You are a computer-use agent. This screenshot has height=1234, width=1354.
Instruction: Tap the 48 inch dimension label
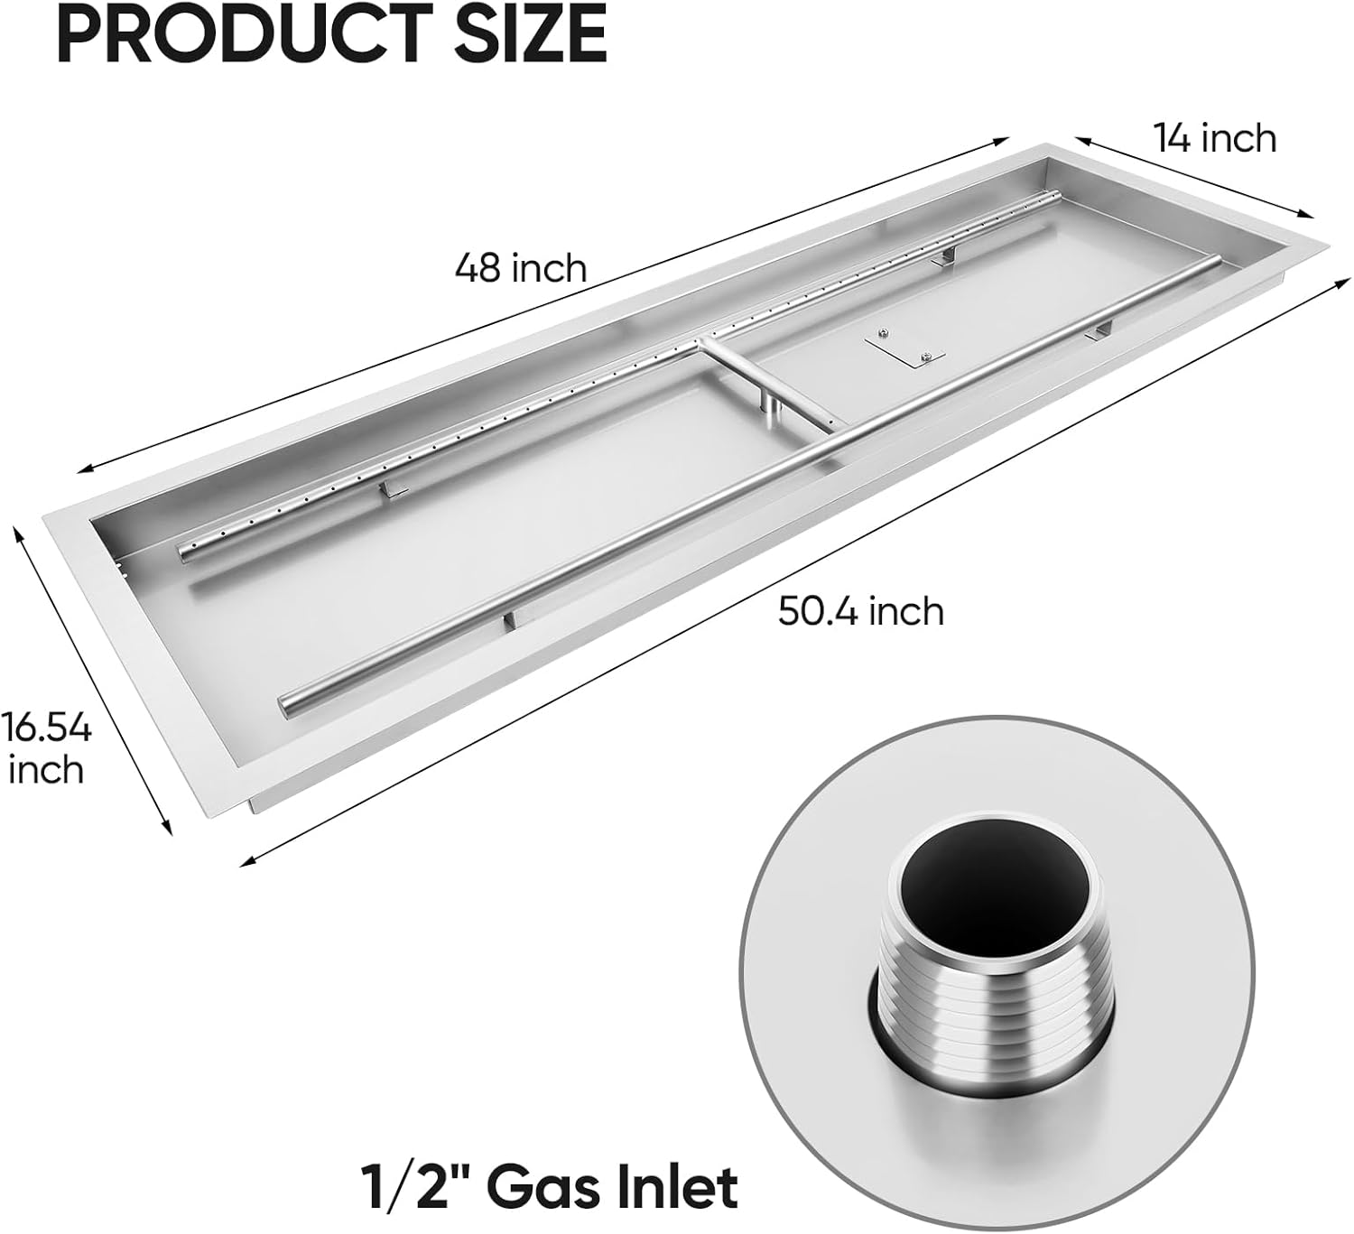521,268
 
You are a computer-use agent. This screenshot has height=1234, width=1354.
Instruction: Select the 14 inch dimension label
1215,138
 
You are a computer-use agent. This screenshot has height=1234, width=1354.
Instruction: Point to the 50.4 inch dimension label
861,611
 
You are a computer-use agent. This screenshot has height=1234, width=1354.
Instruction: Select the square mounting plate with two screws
904,348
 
